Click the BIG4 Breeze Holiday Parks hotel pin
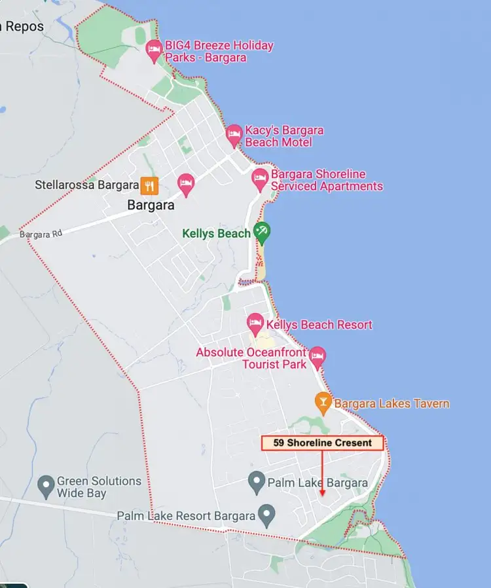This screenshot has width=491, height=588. (154, 50)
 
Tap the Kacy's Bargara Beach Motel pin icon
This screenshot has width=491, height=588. (234, 135)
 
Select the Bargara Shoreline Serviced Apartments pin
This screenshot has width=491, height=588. (261, 178)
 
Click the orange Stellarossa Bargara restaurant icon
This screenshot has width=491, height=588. (150, 185)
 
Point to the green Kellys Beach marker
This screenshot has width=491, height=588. (263, 231)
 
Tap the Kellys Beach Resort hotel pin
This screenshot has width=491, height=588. (255, 323)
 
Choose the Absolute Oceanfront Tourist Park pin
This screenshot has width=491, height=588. (318, 356)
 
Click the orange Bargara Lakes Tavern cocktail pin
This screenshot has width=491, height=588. (322, 402)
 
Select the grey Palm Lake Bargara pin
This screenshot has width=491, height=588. (257, 483)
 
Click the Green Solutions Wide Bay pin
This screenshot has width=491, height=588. (45, 486)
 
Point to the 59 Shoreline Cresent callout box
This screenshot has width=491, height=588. (322, 443)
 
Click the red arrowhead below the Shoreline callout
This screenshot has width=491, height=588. (322, 492)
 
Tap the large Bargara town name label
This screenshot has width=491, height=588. (151, 205)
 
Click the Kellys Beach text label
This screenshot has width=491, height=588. (216, 233)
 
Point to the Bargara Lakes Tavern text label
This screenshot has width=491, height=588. (391, 403)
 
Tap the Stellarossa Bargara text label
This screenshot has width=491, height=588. (86, 185)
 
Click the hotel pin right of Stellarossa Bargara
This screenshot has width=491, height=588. (186, 184)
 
